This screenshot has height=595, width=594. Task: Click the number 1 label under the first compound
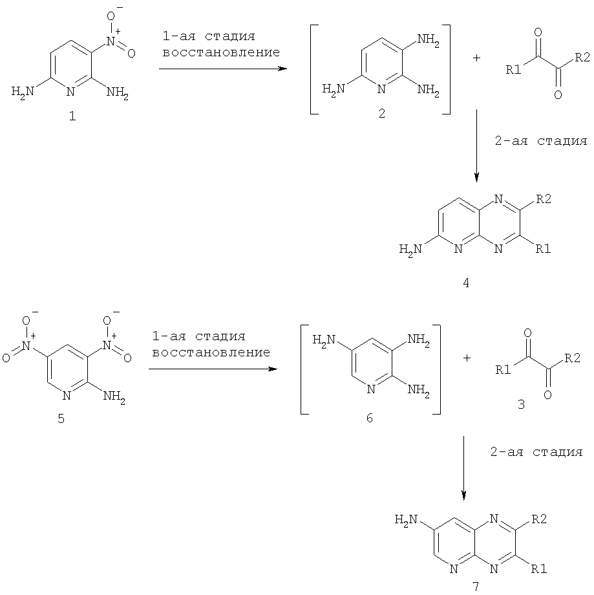[x=72, y=116]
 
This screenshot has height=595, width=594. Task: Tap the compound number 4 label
[x=466, y=283]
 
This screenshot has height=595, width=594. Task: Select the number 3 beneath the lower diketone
[x=521, y=404]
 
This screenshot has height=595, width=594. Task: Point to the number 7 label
[x=476, y=587]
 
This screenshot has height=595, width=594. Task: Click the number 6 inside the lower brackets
[x=370, y=418]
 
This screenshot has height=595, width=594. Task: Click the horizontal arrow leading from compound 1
[x=223, y=69]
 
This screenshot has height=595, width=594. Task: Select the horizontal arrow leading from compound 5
[x=213, y=369]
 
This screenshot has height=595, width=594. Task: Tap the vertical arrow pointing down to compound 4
[x=476, y=146]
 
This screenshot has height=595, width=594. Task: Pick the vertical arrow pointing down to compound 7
[x=463, y=468]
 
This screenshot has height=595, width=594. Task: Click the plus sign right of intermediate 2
[x=476, y=58]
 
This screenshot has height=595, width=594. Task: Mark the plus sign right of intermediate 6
[x=467, y=358]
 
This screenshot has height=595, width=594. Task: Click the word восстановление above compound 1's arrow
[x=221, y=52]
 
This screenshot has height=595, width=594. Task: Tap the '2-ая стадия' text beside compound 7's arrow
[x=536, y=452]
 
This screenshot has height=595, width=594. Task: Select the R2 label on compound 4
[x=543, y=199]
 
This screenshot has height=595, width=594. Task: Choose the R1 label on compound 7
[x=538, y=569]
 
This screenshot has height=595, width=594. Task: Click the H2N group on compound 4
[x=410, y=250]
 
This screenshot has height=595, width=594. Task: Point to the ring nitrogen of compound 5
[x=67, y=396]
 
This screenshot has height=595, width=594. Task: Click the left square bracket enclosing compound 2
[x=314, y=69]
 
